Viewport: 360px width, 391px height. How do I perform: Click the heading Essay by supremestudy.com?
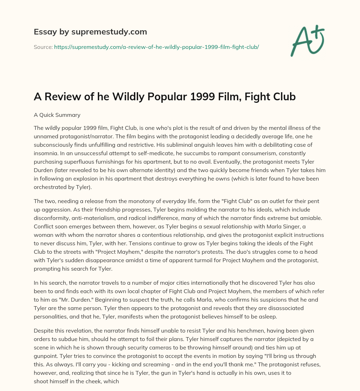tap(90, 32)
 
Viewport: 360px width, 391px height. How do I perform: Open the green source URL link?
tap(156, 47)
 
